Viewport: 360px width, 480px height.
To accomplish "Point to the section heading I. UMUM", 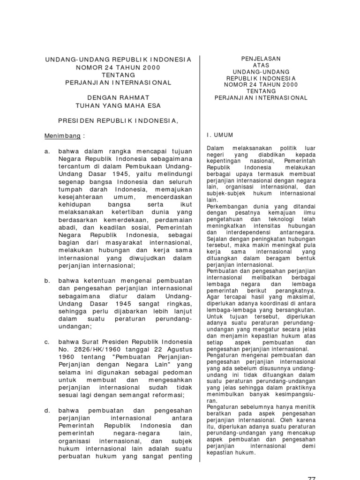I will point(220,134).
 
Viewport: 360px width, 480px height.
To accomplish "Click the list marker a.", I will point(47,152).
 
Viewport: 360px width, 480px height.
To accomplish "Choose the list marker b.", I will point(47,280).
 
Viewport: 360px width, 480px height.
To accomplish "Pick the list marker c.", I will point(47,341).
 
